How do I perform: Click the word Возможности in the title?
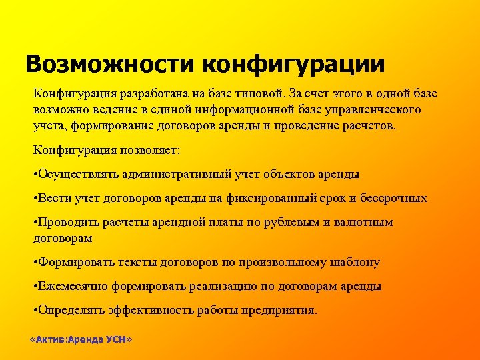coord(109,64)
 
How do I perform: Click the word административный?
coord(177,174)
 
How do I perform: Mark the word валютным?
coord(365,222)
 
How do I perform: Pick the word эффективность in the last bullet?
coord(136,310)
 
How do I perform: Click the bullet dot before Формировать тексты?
coord(35,262)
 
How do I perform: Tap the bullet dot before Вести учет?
coord(35,198)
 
